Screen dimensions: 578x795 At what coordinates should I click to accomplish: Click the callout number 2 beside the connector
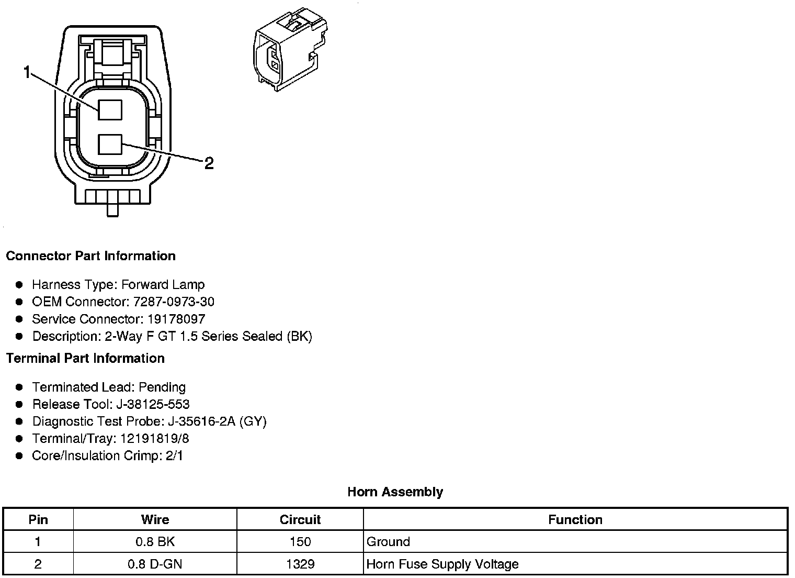coord(209,164)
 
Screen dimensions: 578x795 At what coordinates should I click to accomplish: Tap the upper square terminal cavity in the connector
coord(110,110)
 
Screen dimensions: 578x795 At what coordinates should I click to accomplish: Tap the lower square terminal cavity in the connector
coord(110,144)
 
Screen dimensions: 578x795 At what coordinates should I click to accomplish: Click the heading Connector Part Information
coord(90,256)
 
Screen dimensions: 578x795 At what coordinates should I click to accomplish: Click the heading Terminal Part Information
coord(85,359)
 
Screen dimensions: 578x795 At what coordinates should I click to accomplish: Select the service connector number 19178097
coord(176,319)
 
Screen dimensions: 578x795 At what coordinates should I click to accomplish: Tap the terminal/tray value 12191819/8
coord(155,439)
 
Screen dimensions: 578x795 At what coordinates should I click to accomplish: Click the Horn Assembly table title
coord(395,492)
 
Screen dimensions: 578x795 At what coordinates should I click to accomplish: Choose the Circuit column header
coord(300,520)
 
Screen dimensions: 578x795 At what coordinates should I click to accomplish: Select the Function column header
coord(575,520)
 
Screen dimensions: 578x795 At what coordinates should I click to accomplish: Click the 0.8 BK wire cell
coord(155,542)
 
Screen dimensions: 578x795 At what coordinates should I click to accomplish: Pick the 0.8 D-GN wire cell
coord(155,564)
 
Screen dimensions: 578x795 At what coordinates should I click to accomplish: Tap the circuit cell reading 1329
coord(300,564)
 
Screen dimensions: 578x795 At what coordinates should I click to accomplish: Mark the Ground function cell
coord(388,542)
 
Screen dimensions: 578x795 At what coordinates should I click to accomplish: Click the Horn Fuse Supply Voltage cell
coord(442,564)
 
